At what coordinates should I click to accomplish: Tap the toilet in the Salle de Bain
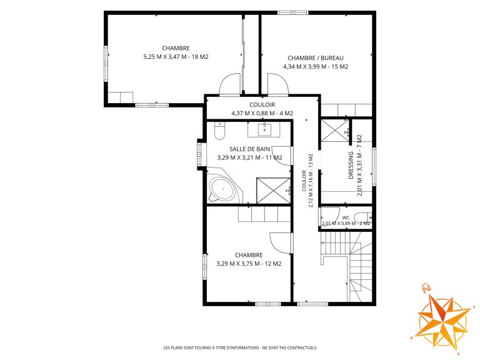[220, 131]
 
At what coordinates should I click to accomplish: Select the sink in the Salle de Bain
[264, 129]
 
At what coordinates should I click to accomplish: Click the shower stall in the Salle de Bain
[273, 191]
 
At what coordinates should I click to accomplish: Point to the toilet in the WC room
[362, 217]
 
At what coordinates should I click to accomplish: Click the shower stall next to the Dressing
[335, 131]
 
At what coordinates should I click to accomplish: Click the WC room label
[346, 217]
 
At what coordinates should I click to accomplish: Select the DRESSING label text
[351, 165]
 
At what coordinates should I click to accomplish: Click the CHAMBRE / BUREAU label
[316, 58]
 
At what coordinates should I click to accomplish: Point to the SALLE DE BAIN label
[249, 149]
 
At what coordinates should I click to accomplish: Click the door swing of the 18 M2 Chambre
[231, 84]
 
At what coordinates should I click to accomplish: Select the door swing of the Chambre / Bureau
[278, 84]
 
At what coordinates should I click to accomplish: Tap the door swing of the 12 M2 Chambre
[280, 243]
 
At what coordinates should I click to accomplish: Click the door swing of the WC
[330, 217]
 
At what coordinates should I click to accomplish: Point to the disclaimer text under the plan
[240, 347]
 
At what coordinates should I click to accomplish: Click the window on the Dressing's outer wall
[374, 166]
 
